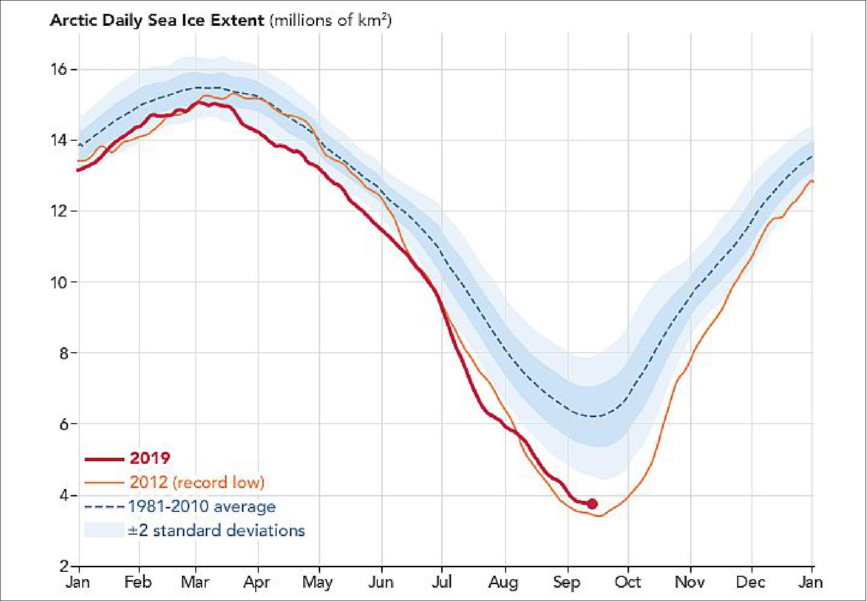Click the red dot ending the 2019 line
tap(592, 504)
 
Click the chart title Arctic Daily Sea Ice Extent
tap(157, 21)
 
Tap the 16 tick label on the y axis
tap(58, 69)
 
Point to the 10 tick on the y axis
tap(58, 282)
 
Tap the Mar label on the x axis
tap(195, 582)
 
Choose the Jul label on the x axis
tap(441, 582)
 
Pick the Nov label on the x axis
tap(690, 582)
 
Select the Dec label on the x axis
tap(751, 582)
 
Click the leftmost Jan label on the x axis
tap(78, 582)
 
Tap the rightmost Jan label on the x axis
tap(810, 582)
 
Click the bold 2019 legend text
tap(150, 458)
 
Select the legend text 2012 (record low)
tap(197, 483)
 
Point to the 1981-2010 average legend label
tap(202, 507)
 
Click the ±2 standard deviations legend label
tap(217, 531)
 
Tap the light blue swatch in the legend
tap(104, 530)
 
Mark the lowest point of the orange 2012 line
tap(600, 516)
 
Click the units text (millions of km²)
tap(331, 21)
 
